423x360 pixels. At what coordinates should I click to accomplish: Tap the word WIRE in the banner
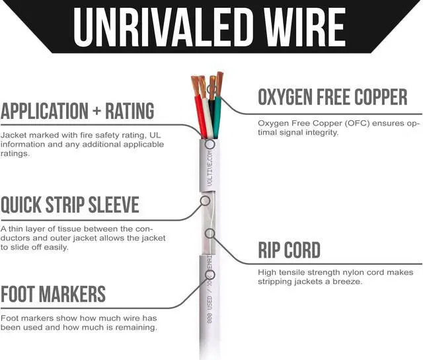point(300,26)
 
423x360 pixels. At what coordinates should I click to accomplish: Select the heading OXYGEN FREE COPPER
point(332,98)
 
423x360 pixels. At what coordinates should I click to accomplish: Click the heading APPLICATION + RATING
point(77,110)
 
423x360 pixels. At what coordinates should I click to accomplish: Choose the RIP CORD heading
point(289,250)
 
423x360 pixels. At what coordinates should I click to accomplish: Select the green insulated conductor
point(217,116)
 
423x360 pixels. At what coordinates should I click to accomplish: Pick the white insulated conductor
point(207,119)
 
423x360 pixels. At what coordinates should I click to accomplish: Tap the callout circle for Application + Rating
point(210,144)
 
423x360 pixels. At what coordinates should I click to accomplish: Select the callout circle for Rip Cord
point(210,233)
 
